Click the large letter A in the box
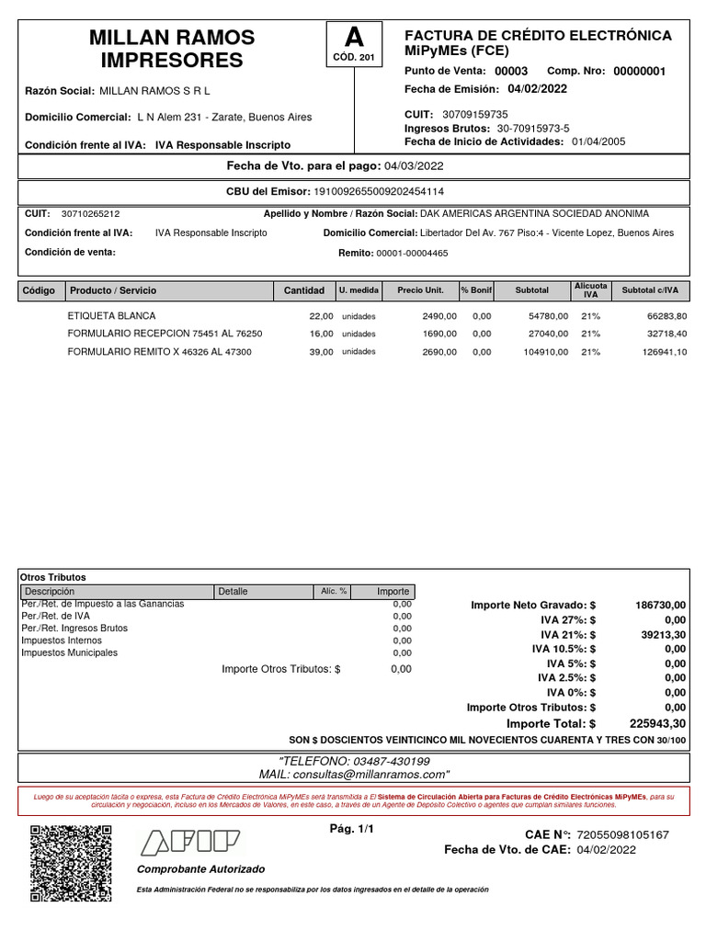354,39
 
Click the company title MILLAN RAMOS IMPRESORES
172,50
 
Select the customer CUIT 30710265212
90,213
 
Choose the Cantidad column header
303,290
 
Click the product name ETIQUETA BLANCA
112,316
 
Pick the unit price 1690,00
438,334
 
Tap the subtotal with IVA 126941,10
660,352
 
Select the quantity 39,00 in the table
321,352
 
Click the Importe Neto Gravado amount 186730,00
660,606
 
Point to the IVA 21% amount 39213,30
662,634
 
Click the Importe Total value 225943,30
657,723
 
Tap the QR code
72,864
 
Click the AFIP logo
189,843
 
